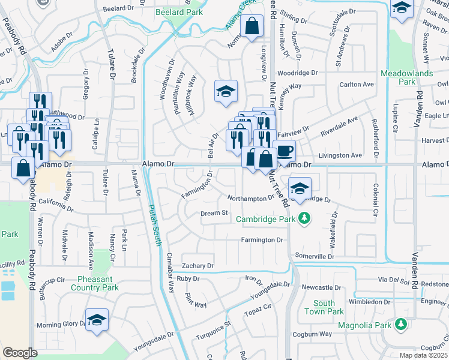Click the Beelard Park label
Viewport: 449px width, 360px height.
pyautogui.click(x=179, y=12)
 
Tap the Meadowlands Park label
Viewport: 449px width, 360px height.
pyautogui.click(x=406, y=77)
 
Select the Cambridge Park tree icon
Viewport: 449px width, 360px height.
pyautogui.click(x=304, y=218)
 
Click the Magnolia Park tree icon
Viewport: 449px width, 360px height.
pyautogui.click(x=400, y=325)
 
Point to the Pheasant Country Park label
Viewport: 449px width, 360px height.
pyautogui.click(x=98, y=283)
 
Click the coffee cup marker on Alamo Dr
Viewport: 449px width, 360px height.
pyautogui.click(x=285, y=149)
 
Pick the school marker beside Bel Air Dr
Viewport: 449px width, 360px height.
pyautogui.click(x=226, y=91)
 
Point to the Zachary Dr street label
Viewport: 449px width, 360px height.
pyautogui.click(x=198, y=266)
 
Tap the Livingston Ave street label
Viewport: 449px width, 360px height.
pyautogui.click(x=340, y=155)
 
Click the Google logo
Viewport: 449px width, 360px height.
pyautogui.click(x=20, y=353)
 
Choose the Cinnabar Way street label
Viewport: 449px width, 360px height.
pyautogui.click(x=170, y=279)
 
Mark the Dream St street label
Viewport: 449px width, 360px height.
pyautogui.click(x=214, y=212)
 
